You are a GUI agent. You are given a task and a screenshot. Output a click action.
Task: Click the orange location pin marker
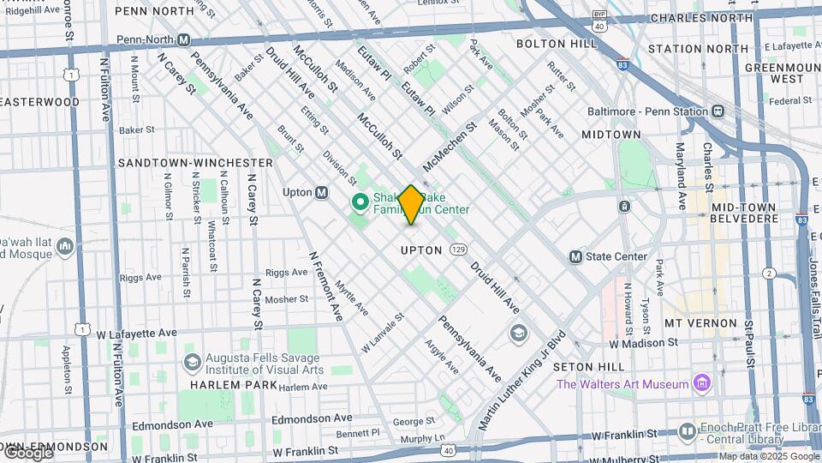411,204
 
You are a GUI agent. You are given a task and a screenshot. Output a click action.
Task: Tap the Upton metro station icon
321,192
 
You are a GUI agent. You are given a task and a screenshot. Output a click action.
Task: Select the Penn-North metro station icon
184,40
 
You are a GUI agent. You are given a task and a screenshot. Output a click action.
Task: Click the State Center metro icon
575,256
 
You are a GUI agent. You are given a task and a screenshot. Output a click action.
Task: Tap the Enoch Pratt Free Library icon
687,431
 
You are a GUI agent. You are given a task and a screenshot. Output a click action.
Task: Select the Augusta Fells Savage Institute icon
192,363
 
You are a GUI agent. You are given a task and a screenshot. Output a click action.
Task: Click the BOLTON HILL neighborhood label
552,44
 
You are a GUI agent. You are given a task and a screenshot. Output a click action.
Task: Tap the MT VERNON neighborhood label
700,323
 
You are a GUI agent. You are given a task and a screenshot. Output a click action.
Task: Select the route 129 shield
460,250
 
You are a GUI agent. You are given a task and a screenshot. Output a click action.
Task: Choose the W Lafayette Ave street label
136,333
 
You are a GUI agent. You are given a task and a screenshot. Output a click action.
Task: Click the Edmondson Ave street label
312,418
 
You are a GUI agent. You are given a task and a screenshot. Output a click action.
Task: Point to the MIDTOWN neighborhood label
611,135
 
